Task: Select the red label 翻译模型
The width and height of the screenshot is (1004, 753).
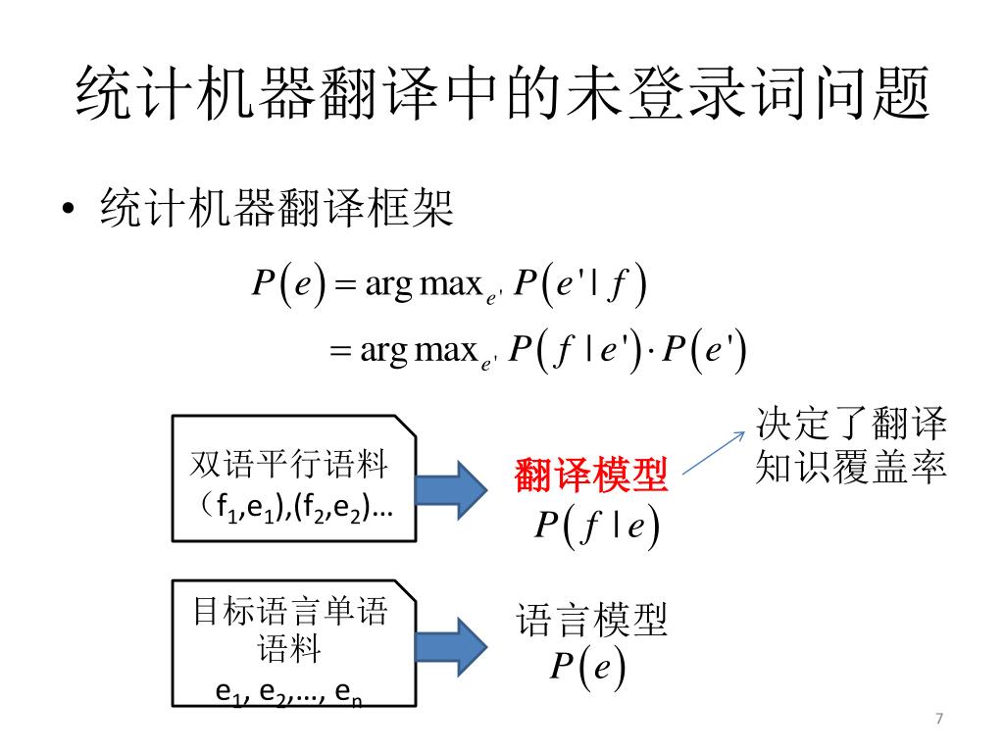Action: point(590,477)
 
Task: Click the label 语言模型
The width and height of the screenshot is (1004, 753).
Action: point(591,620)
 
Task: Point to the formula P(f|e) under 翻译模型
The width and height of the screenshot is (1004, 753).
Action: point(595,527)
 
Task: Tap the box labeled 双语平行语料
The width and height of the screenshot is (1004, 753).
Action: point(294,477)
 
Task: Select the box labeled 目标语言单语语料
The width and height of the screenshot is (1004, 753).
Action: point(294,642)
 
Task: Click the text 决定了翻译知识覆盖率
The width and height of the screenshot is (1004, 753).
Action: point(850,446)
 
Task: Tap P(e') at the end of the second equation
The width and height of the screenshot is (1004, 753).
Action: point(704,351)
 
